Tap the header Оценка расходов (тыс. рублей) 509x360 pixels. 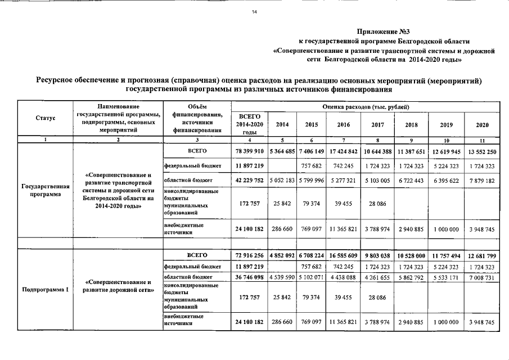(x=366, y=106)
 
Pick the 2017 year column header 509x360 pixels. (x=378, y=124)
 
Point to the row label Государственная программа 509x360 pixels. (x=45, y=190)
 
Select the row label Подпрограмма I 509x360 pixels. (x=45, y=290)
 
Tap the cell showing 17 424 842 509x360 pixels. (x=343, y=152)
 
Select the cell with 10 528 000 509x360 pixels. (x=412, y=255)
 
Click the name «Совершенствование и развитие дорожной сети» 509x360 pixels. (x=118, y=286)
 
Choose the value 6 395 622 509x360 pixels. (x=447, y=181)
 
